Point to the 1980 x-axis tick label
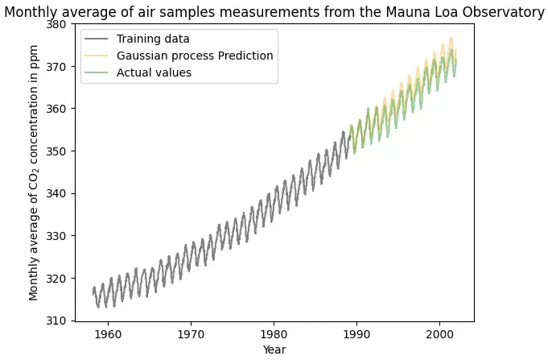click(274, 333)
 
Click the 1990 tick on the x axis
click(356, 333)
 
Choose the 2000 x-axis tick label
click(439, 333)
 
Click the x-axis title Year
click(274, 350)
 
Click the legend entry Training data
click(153, 39)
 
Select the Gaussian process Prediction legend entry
click(194, 56)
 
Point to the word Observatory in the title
click(505, 12)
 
